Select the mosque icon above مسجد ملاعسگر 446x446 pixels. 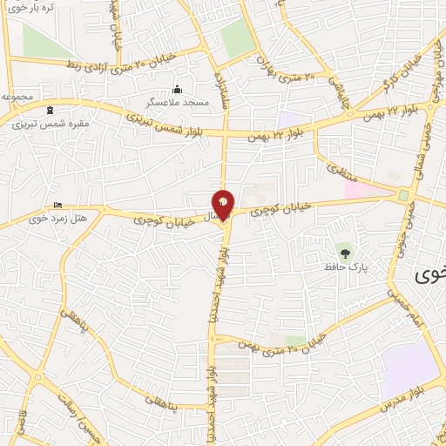(x=178, y=90)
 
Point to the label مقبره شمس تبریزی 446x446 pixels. (x=51, y=124)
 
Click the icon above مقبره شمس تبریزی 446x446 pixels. (x=51, y=111)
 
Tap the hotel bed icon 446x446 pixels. (x=58, y=205)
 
